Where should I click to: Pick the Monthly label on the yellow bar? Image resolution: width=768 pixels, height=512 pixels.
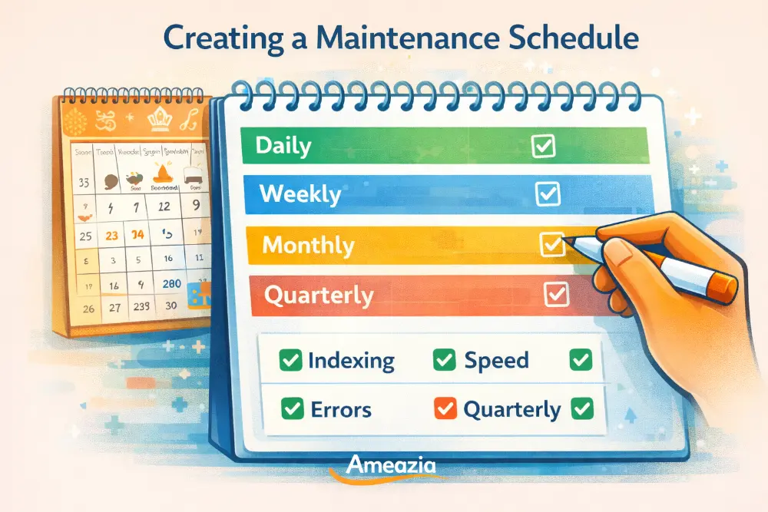(x=308, y=245)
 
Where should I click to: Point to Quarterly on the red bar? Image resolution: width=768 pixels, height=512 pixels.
(x=319, y=295)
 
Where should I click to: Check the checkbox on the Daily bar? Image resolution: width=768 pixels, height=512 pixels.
(x=544, y=146)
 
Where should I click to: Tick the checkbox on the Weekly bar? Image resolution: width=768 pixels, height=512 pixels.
(x=548, y=194)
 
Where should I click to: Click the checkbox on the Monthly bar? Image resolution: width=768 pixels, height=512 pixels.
(x=552, y=244)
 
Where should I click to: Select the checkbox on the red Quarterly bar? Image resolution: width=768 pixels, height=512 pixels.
(x=555, y=293)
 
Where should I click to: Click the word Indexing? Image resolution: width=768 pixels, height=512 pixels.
(x=351, y=360)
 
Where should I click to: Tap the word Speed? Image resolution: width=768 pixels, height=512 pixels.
(x=496, y=360)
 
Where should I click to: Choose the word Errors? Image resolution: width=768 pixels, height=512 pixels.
(x=341, y=409)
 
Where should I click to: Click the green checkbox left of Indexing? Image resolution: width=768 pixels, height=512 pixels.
(x=290, y=359)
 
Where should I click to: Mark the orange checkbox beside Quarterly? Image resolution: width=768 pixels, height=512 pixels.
(x=445, y=408)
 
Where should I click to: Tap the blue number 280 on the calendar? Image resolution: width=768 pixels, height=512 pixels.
(x=173, y=284)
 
